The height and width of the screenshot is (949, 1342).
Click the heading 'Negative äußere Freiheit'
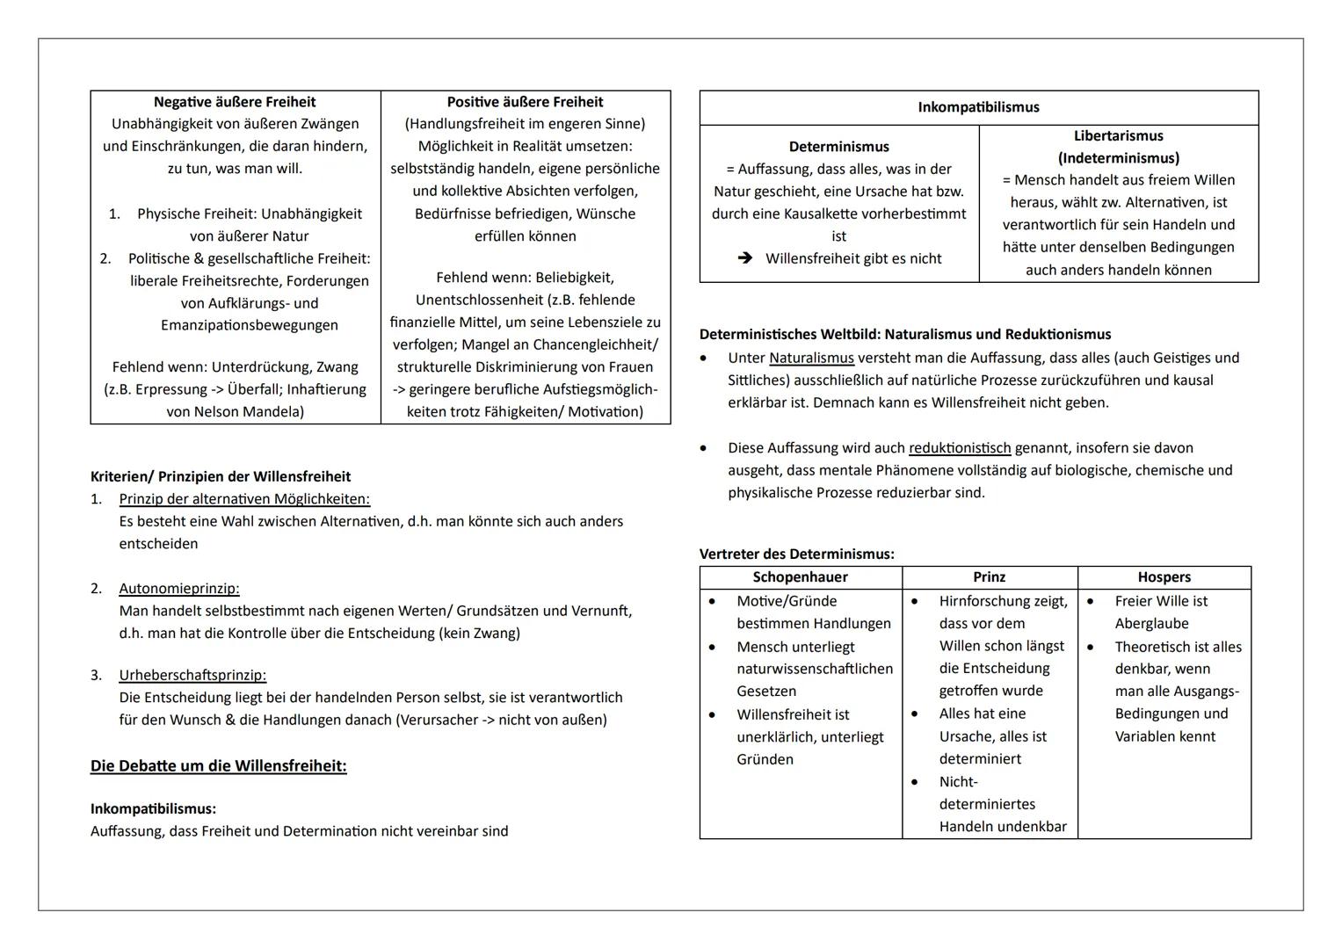pyautogui.click(x=235, y=102)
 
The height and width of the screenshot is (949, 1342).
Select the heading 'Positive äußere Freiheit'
pyautogui.click(x=525, y=102)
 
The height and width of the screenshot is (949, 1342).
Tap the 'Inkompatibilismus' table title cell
pyautogui.click(x=978, y=107)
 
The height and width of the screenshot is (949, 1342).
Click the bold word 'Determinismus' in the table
pyautogui.click(x=838, y=147)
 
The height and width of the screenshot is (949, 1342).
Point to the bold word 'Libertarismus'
pyautogui.click(x=1118, y=135)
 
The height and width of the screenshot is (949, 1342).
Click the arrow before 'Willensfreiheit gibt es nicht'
pyautogui.click(x=745, y=258)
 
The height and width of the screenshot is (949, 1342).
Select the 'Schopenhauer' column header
pyautogui.click(x=800, y=577)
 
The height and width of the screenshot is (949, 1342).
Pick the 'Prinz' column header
pyautogui.click(x=989, y=577)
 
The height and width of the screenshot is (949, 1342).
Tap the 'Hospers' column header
pyautogui.click(x=1164, y=577)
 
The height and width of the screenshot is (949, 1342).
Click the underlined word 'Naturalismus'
pyautogui.click(x=811, y=358)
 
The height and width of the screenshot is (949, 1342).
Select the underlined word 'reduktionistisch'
pyautogui.click(x=960, y=448)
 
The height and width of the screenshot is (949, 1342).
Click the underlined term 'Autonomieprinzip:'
pyautogui.click(x=179, y=589)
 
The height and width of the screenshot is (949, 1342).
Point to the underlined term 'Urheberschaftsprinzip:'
pyautogui.click(x=192, y=676)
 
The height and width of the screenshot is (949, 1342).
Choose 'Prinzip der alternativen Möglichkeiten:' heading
pyautogui.click(x=244, y=499)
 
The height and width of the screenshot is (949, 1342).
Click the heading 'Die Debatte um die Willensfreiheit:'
pyautogui.click(x=218, y=766)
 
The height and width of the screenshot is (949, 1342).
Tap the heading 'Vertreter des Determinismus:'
pyautogui.click(x=796, y=554)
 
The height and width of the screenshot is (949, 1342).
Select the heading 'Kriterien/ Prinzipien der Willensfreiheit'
pyautogui.click(x=221, y=477)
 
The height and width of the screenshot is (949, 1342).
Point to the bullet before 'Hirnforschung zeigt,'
pyautogui.click(x=915, y=602)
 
